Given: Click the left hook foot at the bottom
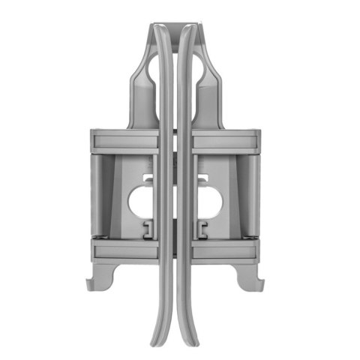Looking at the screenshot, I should pos(96,283).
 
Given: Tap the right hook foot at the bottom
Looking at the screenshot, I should pos(263,283).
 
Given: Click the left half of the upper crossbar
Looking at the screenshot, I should pos(124,141).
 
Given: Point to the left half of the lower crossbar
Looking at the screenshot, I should pos(124,248).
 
